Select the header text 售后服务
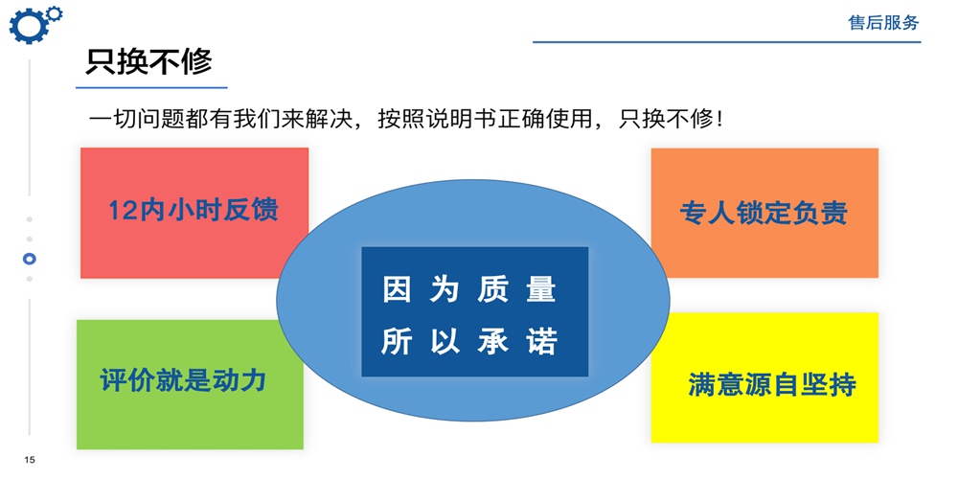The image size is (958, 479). click(883, 23)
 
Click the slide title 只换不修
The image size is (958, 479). click(148, 61)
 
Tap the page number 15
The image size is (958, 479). click(30, 460)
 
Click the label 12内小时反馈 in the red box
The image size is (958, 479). click(194, 210)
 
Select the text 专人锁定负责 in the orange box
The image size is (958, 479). click(764, 214)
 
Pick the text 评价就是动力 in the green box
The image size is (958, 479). click(183, 380)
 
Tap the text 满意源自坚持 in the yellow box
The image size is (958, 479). click(772, 384)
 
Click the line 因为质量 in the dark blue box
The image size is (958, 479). click(469, 289)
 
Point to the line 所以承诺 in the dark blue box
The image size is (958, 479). click(469, 342)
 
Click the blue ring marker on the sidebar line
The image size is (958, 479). click(30, 259)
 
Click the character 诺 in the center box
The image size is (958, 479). click(543, 342)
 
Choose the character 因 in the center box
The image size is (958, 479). click(396, 289)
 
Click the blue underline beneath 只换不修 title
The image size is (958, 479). click(151, 87)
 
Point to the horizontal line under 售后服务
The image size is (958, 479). click(726, 42)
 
